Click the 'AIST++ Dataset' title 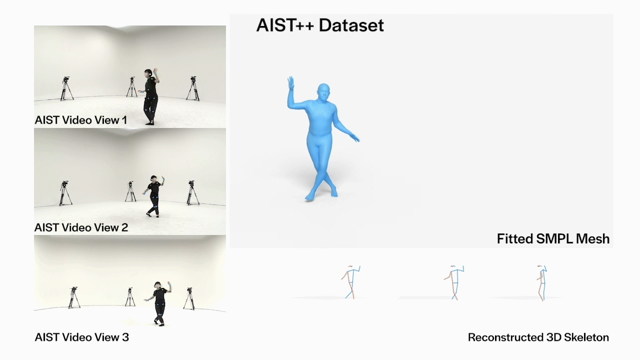[x=320, y=25]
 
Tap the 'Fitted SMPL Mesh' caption [x=553, y=239]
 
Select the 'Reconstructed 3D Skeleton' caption [x=538, y=337]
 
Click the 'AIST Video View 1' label [x=81, y=120]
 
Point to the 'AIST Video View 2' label [x=81, y=227]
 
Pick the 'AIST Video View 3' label [x=81, y=337]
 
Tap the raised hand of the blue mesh [x=291, y=83]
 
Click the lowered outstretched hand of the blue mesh [x=355, y=138]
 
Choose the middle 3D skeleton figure [x=454, y=282]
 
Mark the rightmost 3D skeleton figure [x=542, y=283]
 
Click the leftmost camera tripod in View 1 [x=66, y=88]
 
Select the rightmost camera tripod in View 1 [x=193, y=88]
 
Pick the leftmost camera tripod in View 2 [x=65, y=193]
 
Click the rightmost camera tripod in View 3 [x=189, y=299]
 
